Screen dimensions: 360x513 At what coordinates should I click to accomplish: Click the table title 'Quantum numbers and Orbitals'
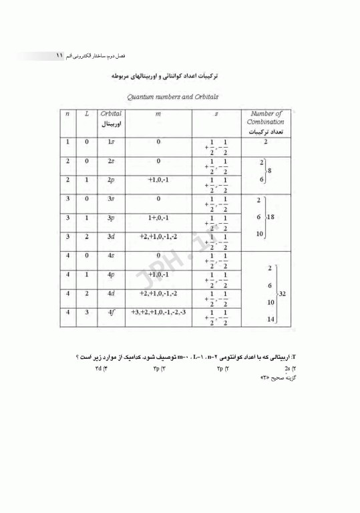[172, 98]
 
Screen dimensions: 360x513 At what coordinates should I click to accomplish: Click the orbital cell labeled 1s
[110, 142]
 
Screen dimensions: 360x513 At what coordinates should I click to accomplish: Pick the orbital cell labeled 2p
[110, 180]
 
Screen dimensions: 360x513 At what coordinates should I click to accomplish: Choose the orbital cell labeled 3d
[110, 236]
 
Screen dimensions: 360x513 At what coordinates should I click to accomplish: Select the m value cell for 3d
[158, 236]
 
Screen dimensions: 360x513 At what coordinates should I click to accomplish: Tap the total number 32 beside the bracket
[283, 293]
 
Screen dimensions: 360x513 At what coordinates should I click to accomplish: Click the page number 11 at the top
[59, 56]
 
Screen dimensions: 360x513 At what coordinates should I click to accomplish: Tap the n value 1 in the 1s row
[67, 142]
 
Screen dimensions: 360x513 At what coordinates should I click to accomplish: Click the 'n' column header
[67, 114]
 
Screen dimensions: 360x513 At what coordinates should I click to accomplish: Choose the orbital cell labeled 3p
[110, 218]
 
